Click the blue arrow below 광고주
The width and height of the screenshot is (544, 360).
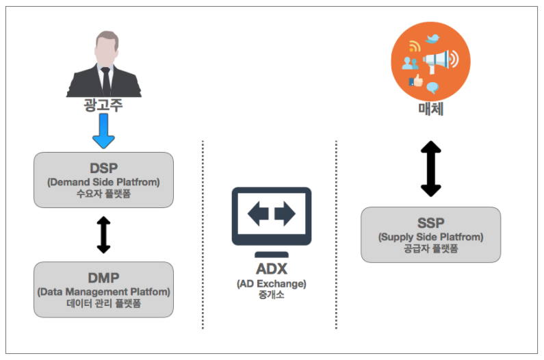[x=103, y=131]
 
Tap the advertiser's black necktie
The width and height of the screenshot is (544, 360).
[x=105, y=81]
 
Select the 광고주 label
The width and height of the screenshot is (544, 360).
[x=103, y=105]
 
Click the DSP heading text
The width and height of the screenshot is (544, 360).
[x=104, y=168]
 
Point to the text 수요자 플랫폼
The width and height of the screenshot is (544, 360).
[x=103, y=194]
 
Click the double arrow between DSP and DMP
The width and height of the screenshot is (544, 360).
[x=103, y=235]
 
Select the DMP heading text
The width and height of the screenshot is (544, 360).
[x=104, y=278]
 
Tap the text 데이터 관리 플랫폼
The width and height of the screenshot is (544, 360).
[x=103, y=303]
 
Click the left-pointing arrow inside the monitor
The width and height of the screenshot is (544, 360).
[x=258, y=214]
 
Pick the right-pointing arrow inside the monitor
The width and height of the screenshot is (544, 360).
[x=285, y=214]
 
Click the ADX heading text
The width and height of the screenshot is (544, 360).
[x=272, y=269]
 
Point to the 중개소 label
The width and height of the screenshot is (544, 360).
[x=271, y=295]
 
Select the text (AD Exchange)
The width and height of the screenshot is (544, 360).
[x=272, y=283]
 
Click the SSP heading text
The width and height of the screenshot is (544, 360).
[x=430, y=223]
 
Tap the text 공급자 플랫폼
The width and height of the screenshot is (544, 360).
[x=431, y=248]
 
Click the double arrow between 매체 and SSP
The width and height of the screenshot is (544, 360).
[x=431, y=169]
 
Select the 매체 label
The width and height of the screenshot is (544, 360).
[x=431, y=109]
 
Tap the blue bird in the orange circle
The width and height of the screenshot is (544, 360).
[x=432, y=38]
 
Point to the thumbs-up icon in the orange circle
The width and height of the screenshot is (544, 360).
[x=416, y=81]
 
